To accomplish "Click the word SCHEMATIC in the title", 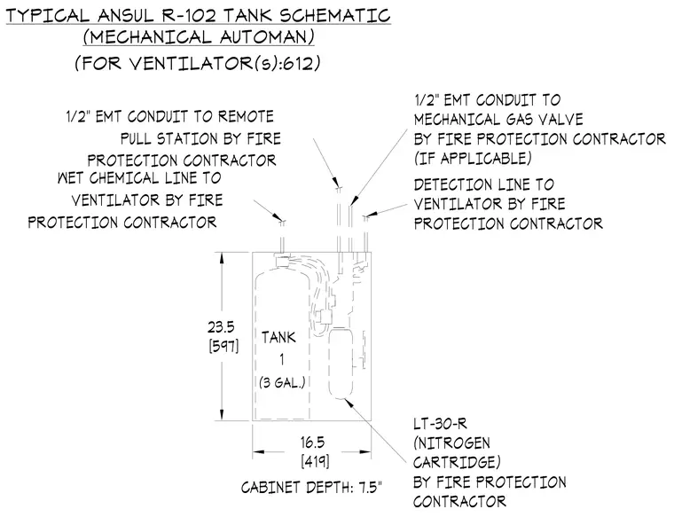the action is pos(335,15).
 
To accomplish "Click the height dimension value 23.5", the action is pos(221,327).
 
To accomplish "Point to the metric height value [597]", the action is pos(223,346).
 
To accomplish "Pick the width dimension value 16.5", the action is pos(312,443).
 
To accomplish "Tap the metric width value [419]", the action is pos(315,461).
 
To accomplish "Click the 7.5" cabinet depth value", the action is pos(366,488).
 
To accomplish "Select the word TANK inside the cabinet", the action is pos(278,337).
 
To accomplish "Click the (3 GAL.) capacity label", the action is pos(282,382).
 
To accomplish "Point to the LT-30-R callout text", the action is pos(440,424).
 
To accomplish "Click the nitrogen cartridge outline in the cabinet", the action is pos(341,364).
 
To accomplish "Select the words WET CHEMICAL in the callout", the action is pos(108,178).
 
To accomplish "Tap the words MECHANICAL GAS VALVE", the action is pos(498,119).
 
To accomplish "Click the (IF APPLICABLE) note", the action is pos(473,159).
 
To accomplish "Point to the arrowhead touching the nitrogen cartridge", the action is pos(349,403).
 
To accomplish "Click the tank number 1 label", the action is pos(281,360).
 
